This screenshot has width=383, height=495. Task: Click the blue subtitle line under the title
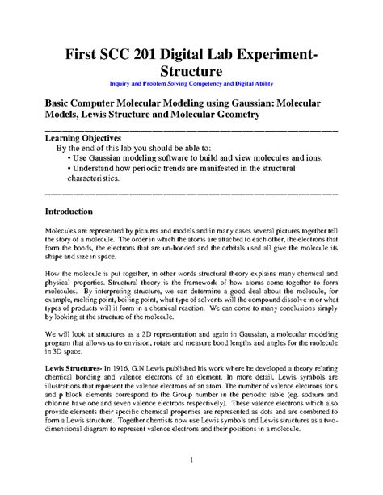pos(191,84)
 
